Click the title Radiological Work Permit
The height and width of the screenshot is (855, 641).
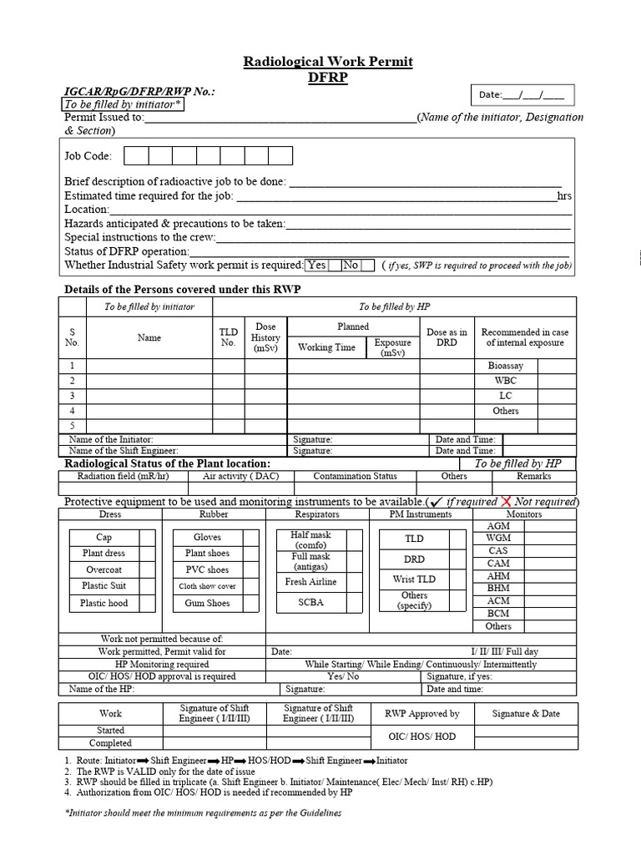pyautogui.click(x=327, y=62)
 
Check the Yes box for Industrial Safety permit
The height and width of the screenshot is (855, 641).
pyautogui.click(x=317, y=265)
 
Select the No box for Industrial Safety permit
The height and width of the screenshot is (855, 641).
pyautogui.click(x=351, y=265)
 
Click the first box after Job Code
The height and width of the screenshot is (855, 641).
pyautogui.click(x=136, y=155)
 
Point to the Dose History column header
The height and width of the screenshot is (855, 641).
pyautogui.click(x=265, y=337)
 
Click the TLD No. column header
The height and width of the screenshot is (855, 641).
pyautogui.click(x=228, y=337)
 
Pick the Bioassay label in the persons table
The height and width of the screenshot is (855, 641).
pyautogui.click(x=505, y=366)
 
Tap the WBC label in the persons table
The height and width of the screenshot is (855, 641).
pyautogui.click(x=505, y=381)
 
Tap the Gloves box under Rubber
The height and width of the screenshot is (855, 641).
pyautogui.click(x=207, y=538)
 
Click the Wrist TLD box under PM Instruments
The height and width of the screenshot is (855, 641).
pyautogui.click(x=414, y=579)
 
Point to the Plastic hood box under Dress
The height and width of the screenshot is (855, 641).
pyautogui.click(x=104, y=603)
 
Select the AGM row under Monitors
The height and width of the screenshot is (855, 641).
pyautogui.click(x=498, y=526)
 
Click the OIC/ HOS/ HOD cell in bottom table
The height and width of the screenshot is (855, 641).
pyautogui.click(x=422, y=736)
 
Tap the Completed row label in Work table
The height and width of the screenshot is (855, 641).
pyautogui.click(x=110, y=743)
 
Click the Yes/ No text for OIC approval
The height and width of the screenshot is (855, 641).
pyautogui.click(x=343, y=676)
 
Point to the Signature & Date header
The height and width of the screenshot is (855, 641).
pyautogui.click(x=526, y=714)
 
